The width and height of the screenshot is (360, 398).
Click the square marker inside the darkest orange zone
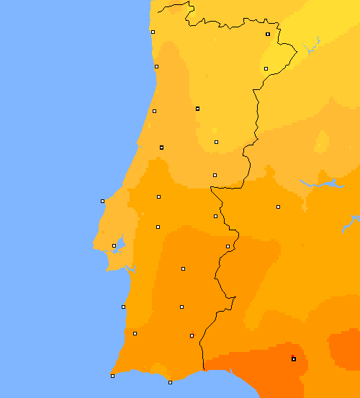294,358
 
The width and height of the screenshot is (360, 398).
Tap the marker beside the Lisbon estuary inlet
114,245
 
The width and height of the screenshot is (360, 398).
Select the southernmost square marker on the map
170,382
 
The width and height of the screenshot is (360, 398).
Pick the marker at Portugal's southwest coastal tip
112,376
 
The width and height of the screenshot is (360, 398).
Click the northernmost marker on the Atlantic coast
153,32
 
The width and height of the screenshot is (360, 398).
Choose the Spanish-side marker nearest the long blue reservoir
278,207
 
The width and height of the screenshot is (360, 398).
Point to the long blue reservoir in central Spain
320,184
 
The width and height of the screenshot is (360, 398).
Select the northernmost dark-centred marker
268,34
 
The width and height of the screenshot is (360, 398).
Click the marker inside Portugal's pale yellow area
266,68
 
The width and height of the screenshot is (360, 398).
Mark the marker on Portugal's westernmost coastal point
102,201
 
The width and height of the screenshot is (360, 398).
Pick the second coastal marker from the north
156,66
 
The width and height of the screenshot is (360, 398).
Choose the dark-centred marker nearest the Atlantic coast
161,147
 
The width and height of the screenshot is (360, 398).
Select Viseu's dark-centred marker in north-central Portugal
197,109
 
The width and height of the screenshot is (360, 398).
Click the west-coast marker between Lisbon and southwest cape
123,307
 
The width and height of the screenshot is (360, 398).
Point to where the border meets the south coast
204,370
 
